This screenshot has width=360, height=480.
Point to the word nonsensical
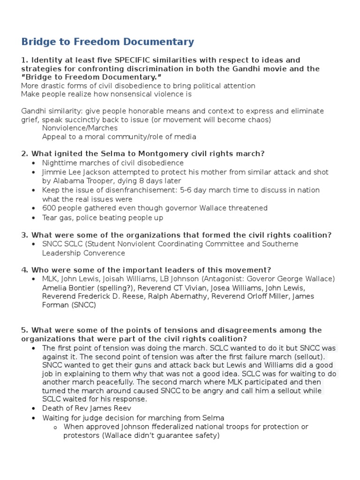pos(122,94)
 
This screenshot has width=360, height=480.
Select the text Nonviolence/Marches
pos(80,128)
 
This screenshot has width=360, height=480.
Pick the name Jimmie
pos(55,172)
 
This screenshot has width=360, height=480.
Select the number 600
pos(49,208)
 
